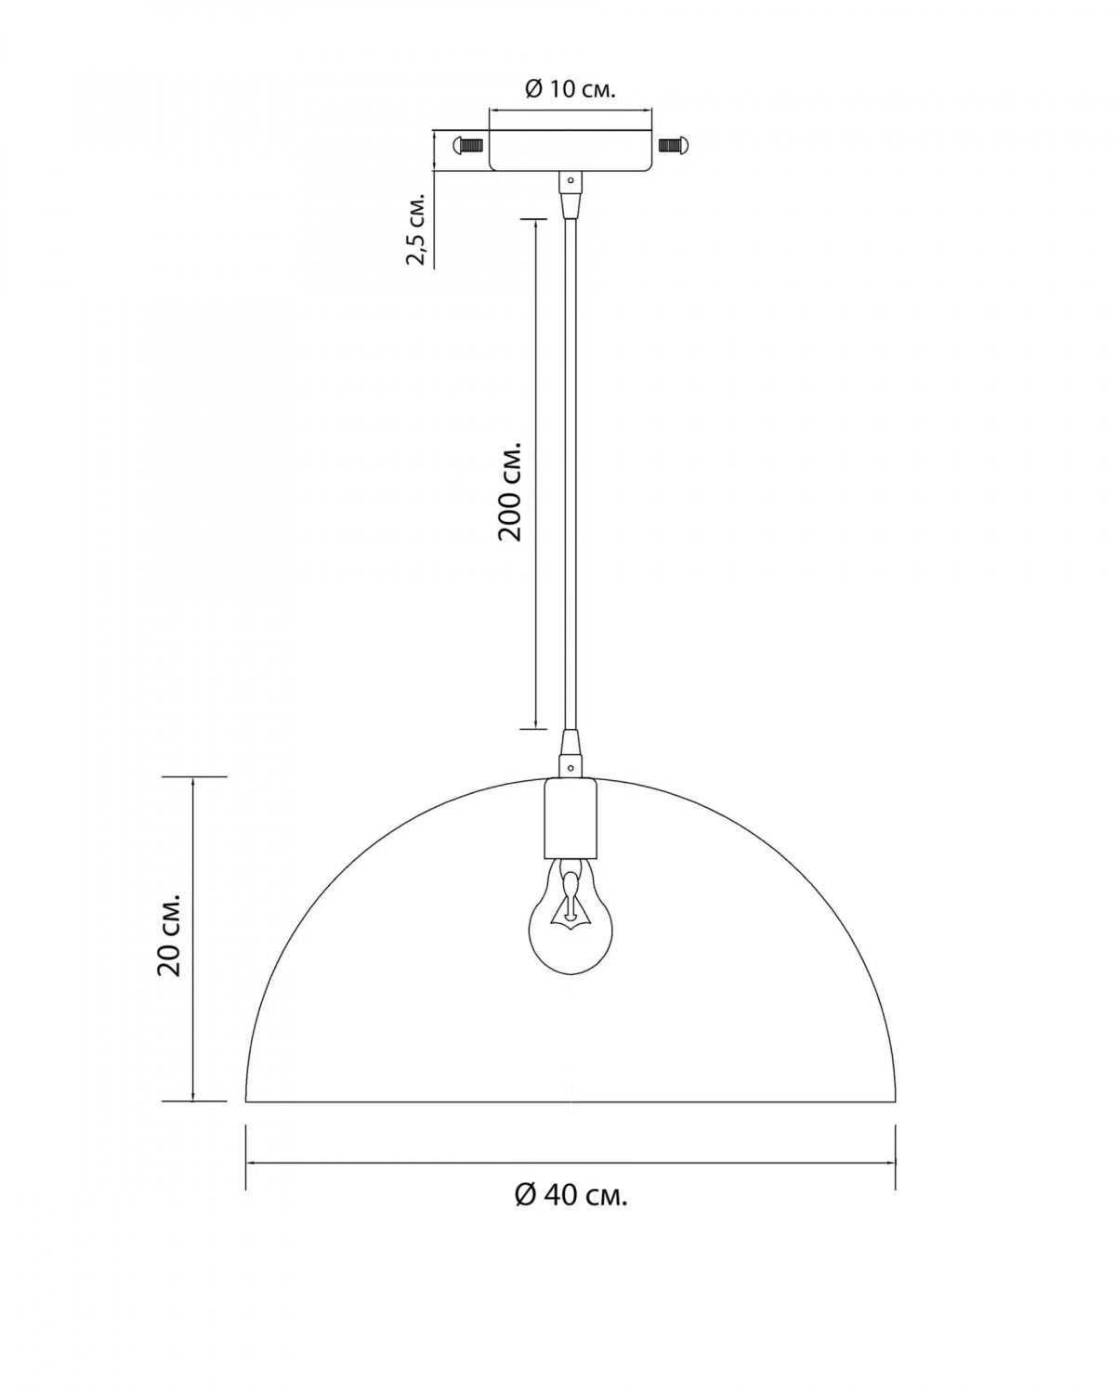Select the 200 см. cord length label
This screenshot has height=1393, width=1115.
509,492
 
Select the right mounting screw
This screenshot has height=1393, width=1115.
674,145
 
